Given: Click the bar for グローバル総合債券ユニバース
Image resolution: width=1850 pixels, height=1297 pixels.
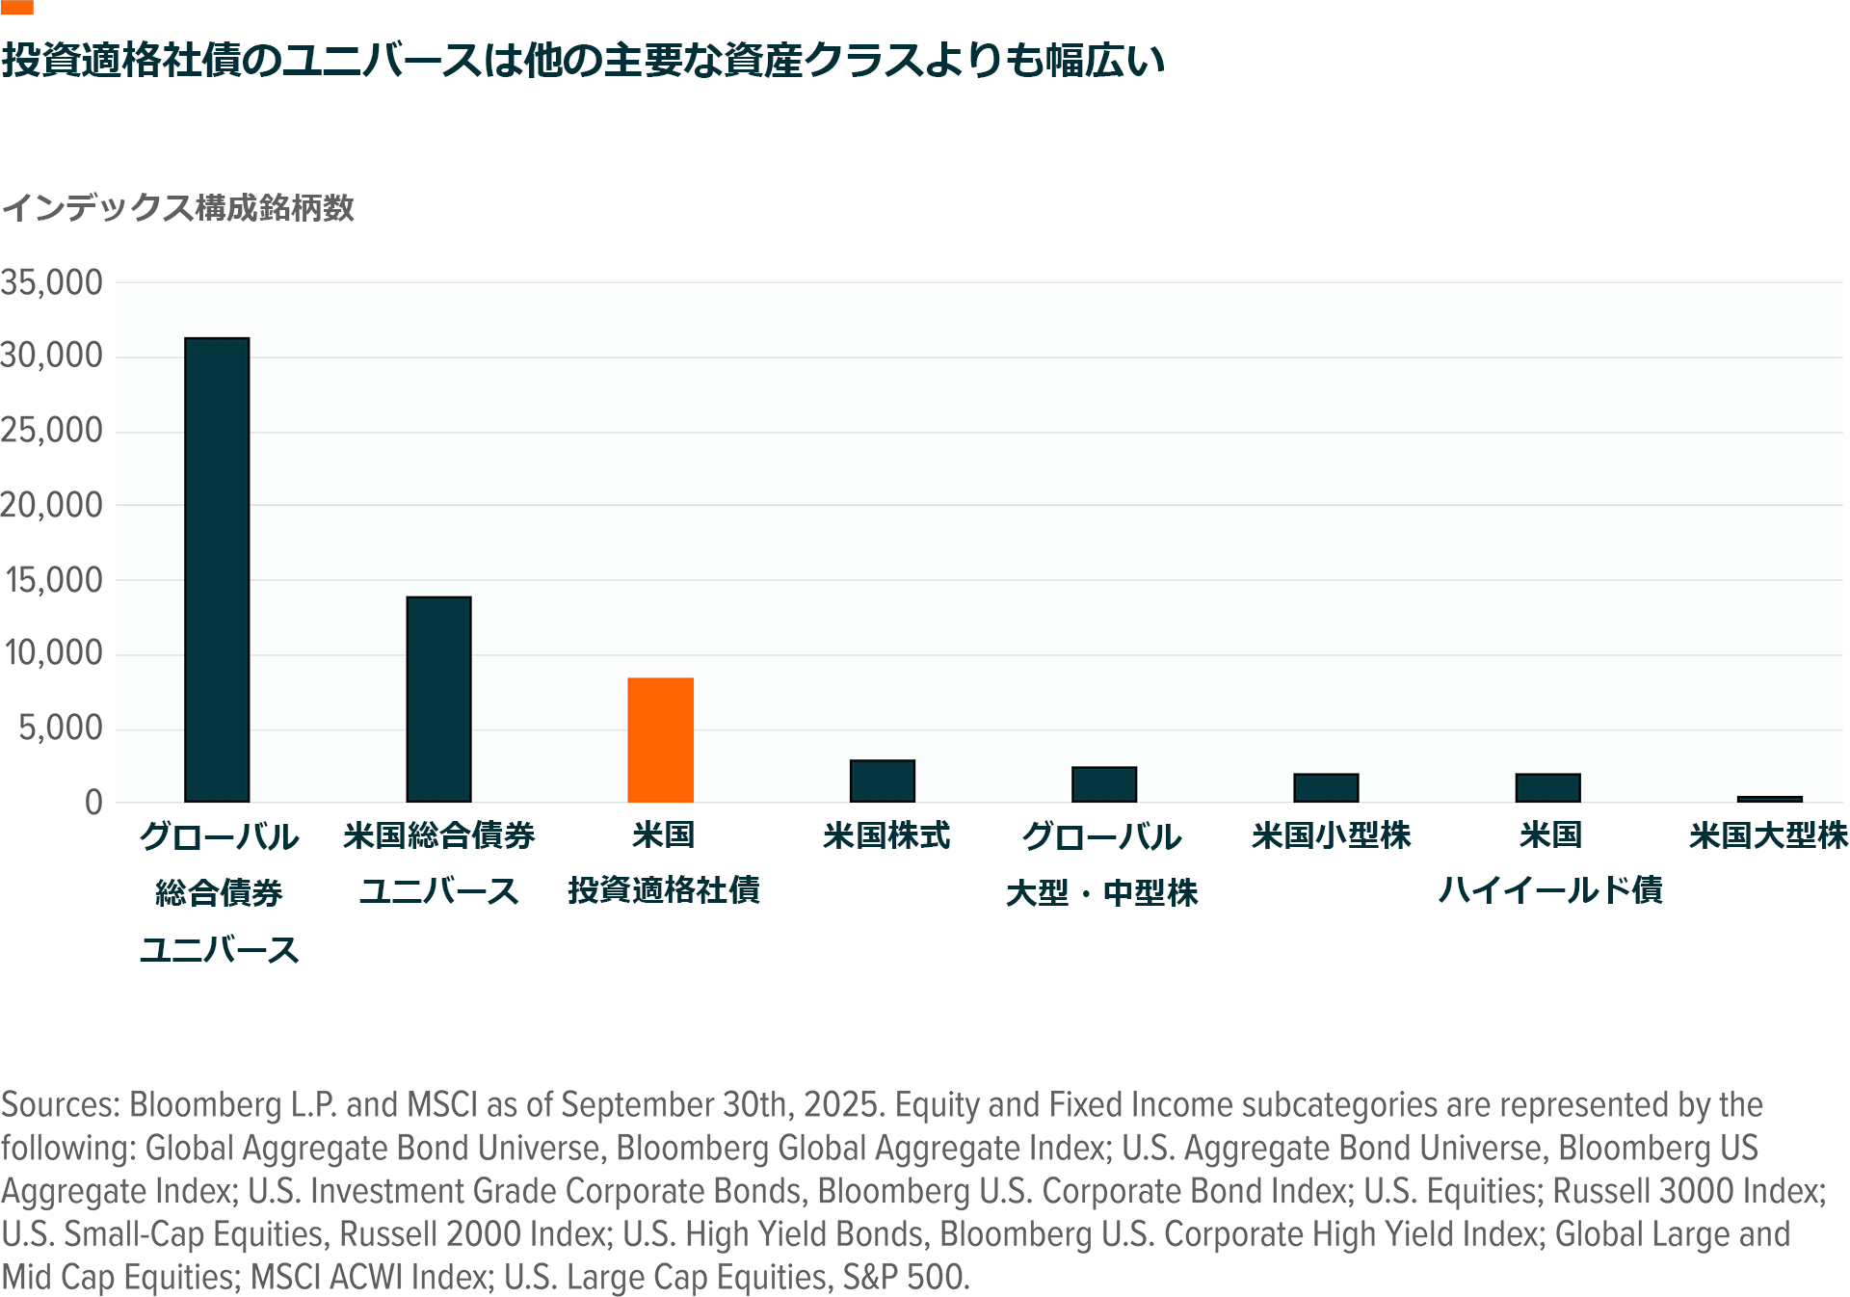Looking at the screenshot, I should coord(217,569).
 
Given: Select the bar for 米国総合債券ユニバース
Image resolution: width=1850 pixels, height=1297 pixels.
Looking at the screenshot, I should coord(438,699).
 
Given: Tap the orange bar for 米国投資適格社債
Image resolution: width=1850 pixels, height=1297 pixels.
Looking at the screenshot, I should coord(660,739).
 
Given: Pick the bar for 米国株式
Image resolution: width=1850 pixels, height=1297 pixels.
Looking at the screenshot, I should coord(882,781).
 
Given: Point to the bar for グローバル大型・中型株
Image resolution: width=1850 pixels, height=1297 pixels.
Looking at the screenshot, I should coord(1104,784).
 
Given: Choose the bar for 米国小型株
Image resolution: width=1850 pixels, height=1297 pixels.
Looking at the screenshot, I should coord(1326,787).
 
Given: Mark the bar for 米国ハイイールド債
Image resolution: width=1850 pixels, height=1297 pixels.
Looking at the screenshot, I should coord(1547,787).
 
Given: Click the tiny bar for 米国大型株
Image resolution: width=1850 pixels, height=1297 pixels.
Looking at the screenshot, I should coord(1769,799).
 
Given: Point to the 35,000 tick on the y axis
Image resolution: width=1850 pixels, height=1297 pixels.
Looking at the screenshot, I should coord(52,282).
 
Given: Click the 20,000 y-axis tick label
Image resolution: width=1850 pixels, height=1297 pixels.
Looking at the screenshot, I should coord(52,505).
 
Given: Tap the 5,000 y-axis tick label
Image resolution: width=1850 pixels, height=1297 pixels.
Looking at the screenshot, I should coord(61,728).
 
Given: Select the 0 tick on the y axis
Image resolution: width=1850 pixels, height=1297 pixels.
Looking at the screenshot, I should coord(93,802).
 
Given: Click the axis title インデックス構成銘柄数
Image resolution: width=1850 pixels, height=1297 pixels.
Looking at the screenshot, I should coord(178,207).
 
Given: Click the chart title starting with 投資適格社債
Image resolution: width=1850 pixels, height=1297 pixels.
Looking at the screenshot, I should coord(583,60).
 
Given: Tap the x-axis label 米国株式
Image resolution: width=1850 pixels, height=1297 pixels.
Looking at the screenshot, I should coord(886,834).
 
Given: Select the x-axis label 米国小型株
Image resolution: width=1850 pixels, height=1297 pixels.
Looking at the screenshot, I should coord(1331,834).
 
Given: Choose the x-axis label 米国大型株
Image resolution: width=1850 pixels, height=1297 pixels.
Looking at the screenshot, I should coord(1768,834).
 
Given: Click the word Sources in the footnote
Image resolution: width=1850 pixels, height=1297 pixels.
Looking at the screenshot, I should coord(60,1104).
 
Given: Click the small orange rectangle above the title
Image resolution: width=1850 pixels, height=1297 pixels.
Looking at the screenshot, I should coord(17,7).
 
